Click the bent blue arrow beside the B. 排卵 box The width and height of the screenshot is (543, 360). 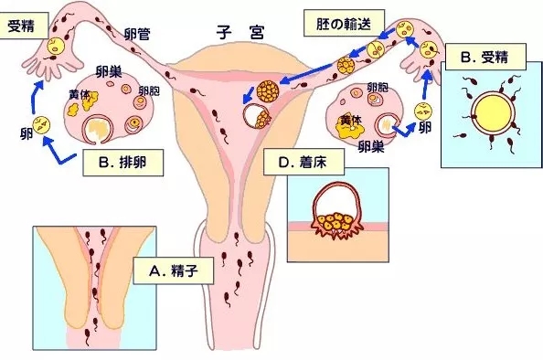pyautogui.click(x=58, y=154)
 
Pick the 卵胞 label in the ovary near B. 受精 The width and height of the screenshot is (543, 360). pyautogui.click(x=376, y=87)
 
